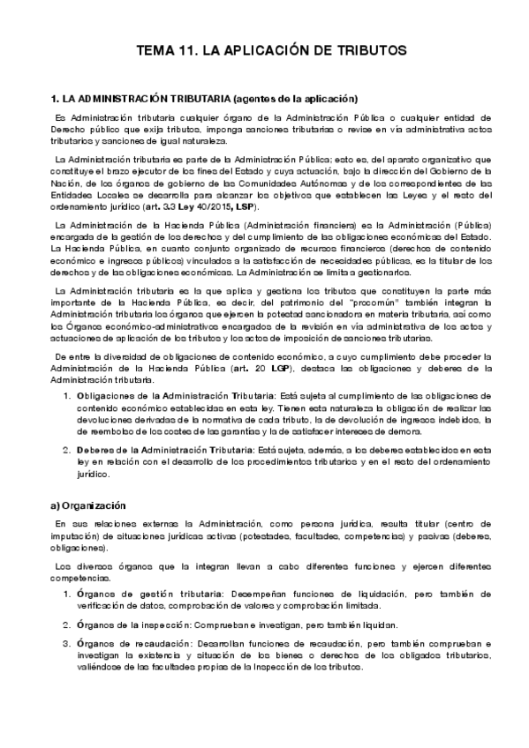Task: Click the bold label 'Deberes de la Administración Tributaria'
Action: tap(167, 450)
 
